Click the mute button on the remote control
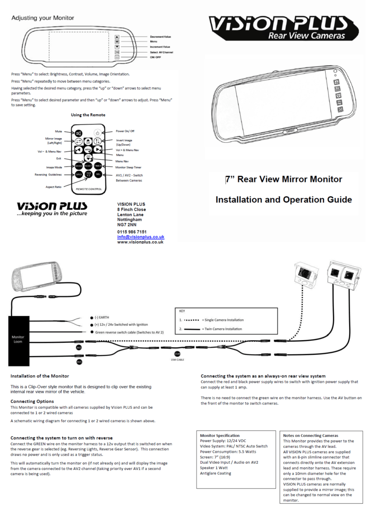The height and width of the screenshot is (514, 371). click(79, 133)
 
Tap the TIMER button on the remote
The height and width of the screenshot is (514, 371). click(98, 166)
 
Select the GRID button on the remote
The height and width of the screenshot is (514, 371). click(79, 174)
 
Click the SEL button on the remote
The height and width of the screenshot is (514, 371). click(98, 174)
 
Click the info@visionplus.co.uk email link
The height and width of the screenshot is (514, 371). click(141, 237)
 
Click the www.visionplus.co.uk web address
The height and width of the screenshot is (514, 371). click(140, 242)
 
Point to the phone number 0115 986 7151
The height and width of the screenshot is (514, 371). click(132, 232)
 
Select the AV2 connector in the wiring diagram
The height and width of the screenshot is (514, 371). click(79, 347)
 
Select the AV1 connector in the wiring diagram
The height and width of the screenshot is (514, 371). click(79, 361)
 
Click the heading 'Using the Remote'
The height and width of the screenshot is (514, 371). click(88, 115)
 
